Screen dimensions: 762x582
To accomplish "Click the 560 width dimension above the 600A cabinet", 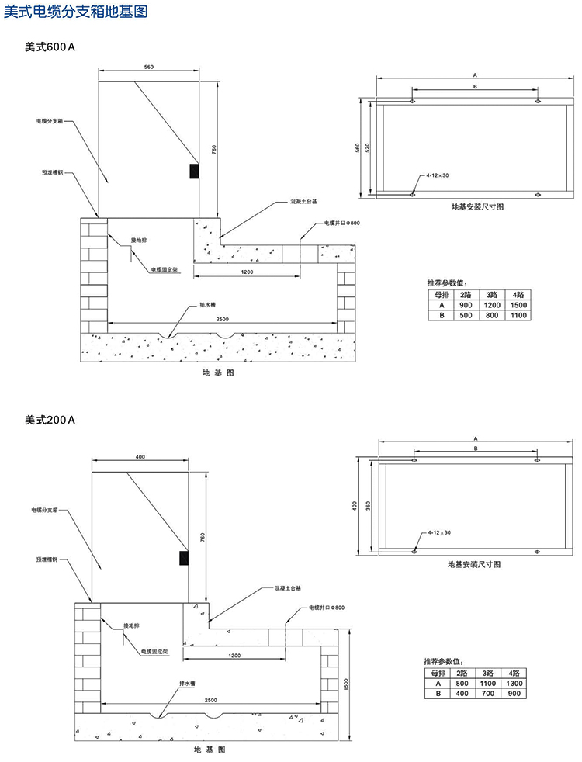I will tap(149, 68).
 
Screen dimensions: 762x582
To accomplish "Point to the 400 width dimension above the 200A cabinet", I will tap(140, 457).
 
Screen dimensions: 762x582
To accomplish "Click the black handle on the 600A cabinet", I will tap(194, 170).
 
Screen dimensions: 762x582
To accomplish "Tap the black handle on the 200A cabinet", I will tap(184, 558).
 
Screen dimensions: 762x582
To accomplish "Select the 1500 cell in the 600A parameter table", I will tap(518, 305).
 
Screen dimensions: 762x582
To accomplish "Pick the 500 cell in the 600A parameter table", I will tap(465, 316).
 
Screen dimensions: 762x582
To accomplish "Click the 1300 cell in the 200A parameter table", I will tap(513, 682).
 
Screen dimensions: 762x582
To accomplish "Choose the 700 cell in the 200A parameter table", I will tap(487, 693).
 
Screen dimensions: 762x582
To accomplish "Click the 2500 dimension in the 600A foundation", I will tap(222, 319).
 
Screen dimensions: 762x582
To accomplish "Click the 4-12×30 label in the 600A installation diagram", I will tap(438, 177).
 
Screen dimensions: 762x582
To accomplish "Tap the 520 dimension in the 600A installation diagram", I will tap(368, 147).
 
